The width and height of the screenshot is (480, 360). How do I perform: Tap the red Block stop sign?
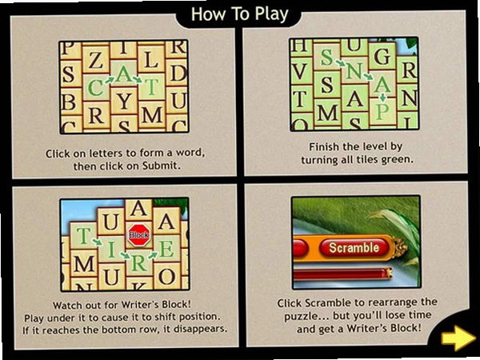139,235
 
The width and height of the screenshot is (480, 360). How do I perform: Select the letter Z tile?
96,60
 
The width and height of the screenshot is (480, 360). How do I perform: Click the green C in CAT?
95,89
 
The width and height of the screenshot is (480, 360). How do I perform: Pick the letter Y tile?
124,101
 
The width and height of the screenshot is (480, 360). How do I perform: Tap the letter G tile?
382,56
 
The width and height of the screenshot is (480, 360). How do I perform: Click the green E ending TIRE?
166,249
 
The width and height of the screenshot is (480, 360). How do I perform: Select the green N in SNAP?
354,70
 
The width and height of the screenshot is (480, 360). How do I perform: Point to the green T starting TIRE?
82,236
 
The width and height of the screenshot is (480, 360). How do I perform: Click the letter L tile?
151,59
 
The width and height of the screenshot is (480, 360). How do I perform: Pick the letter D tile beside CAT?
178,74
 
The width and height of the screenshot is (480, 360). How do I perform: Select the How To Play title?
239,14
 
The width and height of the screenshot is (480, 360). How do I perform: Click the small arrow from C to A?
110,81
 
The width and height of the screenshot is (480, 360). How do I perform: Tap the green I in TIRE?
111,249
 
